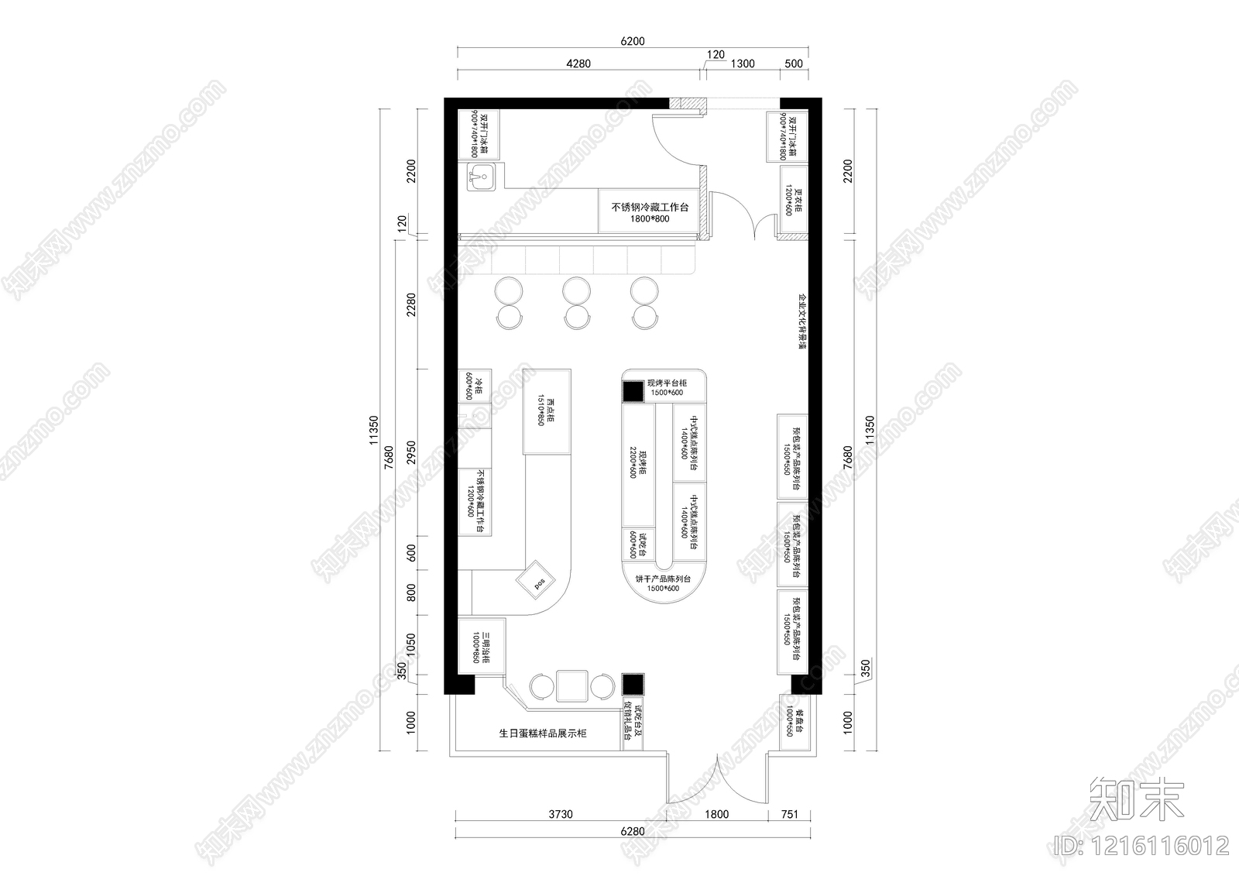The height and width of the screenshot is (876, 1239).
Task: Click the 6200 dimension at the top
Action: point(632,42)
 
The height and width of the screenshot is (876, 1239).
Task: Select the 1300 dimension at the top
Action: point(742,64)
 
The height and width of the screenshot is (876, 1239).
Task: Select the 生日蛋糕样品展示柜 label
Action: point(543,733)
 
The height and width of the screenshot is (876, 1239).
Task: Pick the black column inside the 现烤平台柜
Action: point(633,391)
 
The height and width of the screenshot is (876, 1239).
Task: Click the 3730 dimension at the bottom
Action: point(560,814)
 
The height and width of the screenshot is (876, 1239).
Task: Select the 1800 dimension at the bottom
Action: point(717,814)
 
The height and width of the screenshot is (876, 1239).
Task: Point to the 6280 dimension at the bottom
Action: point(632,832)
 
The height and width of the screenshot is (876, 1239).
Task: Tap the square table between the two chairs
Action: point(573,685)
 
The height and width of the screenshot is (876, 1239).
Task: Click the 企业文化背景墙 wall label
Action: point(802,321)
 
